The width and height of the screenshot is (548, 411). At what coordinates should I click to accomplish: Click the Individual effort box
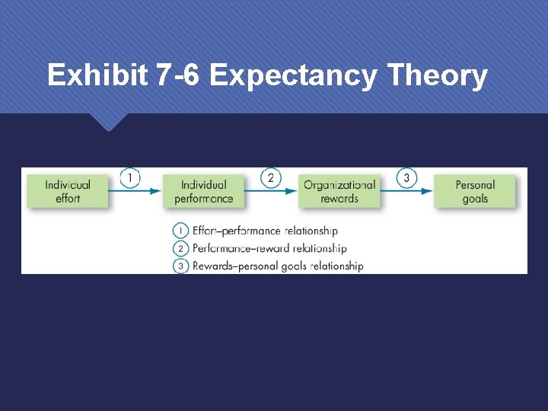pos(68,191)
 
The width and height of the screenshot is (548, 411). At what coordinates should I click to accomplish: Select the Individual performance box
pos(204,191)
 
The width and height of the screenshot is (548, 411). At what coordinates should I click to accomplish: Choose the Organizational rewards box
pos(339,191)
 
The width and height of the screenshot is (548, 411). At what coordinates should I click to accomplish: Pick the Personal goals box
pos(475,191)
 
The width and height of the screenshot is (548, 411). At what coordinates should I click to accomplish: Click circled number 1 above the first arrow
pos(130,178)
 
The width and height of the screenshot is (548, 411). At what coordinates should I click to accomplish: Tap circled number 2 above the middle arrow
pos(270,178)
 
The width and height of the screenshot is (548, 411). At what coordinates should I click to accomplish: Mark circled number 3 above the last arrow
pos(406,178)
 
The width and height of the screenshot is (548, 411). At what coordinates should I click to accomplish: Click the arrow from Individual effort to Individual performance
pos(135,192)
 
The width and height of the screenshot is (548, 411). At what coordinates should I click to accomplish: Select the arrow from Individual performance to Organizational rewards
pos(272,192)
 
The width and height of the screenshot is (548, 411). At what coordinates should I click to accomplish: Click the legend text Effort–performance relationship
pos(265,231)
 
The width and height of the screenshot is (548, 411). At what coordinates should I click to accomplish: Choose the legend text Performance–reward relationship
pos(269,248)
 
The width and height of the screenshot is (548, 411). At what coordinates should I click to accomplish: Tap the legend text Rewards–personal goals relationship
pos(278,266)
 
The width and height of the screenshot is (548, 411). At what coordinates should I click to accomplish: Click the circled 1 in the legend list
pos(181,231)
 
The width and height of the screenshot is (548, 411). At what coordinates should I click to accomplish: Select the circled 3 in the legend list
pos(181,266)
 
